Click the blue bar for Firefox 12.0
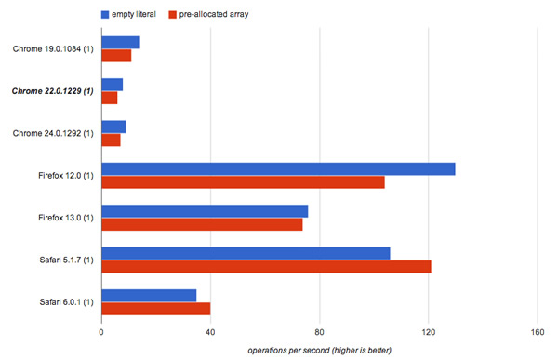(278, 168)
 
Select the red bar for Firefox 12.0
(243, 182)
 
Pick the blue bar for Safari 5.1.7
(246, 253)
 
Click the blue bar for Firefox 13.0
(205, 211)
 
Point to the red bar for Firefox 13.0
(202, 224)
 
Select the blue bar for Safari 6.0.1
(149, 295)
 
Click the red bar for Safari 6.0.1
(156, 309)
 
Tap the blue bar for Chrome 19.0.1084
(120, 42)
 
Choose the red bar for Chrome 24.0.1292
(111, 140)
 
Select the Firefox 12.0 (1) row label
(62, 175)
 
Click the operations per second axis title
(320, 350)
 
